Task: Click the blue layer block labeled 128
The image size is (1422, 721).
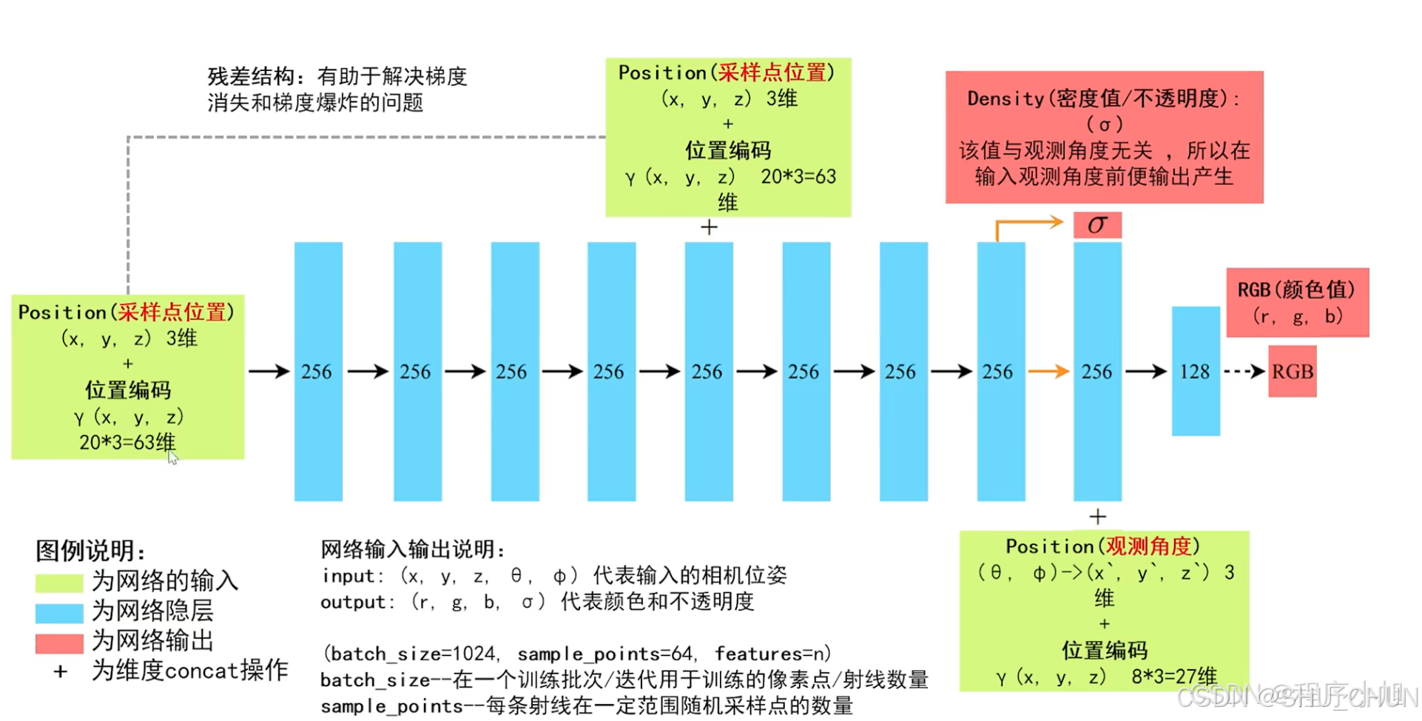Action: (1195, 371)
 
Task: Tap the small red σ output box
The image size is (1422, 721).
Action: (1097, 224)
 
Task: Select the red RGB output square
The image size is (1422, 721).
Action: (1292, 371)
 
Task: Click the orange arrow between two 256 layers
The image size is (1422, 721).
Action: (1049, 371)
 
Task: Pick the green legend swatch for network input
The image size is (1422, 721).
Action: (59, 583)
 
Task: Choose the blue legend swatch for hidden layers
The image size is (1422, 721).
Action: (59, 613)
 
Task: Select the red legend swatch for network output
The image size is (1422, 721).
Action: (59, 643)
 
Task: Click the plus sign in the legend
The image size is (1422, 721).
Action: (61, 671)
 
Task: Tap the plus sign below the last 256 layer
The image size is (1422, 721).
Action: (1097, 516)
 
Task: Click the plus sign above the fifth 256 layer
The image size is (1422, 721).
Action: (709, 227)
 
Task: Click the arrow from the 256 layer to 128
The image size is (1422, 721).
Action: (1146, 371)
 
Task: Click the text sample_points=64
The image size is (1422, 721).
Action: (605, 654)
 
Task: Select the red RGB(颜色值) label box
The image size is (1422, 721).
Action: (1297, 302)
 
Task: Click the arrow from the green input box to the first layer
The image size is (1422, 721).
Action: (269, 371)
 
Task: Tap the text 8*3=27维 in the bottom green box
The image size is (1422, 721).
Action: (1173, 677)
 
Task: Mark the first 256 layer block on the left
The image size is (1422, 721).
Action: (318, 371)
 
